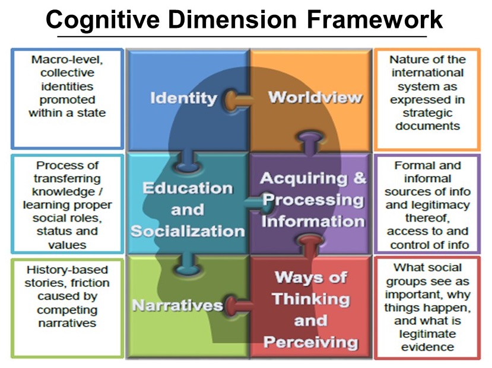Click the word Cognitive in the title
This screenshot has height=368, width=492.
103,20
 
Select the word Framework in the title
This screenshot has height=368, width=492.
374,20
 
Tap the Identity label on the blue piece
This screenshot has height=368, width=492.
183,98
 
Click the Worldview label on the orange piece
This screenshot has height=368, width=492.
315,97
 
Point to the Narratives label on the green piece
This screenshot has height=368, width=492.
177,305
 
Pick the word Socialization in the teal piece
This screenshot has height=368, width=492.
188,231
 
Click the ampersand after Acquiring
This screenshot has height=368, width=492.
360,178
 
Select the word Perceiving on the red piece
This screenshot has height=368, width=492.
310,342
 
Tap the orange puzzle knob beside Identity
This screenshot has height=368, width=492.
238,100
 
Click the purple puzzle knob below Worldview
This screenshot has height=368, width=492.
310,142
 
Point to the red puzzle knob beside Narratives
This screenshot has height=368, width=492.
239,305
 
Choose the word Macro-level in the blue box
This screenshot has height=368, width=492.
67,59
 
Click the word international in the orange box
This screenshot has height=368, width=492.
427,73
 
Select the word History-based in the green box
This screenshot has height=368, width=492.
67,270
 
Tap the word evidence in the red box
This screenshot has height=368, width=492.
427,347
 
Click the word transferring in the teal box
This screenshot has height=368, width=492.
67,178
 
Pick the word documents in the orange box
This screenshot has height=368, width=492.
427,126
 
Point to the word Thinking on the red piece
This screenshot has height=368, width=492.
310,299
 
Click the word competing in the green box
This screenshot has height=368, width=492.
67,310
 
